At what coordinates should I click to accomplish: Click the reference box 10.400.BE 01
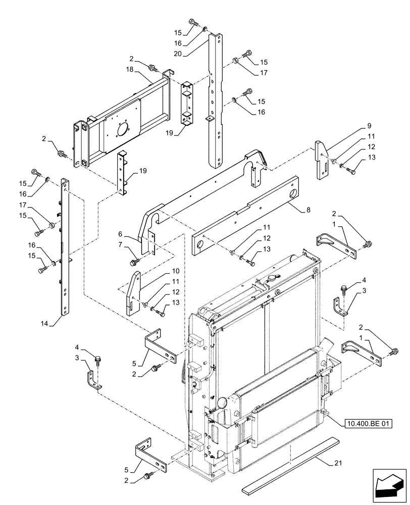click(369, 424)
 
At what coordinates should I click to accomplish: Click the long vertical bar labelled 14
click(65, 247)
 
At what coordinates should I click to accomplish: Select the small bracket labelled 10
click(133, 294)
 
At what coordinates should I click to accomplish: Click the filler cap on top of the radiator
click(274, 278)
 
